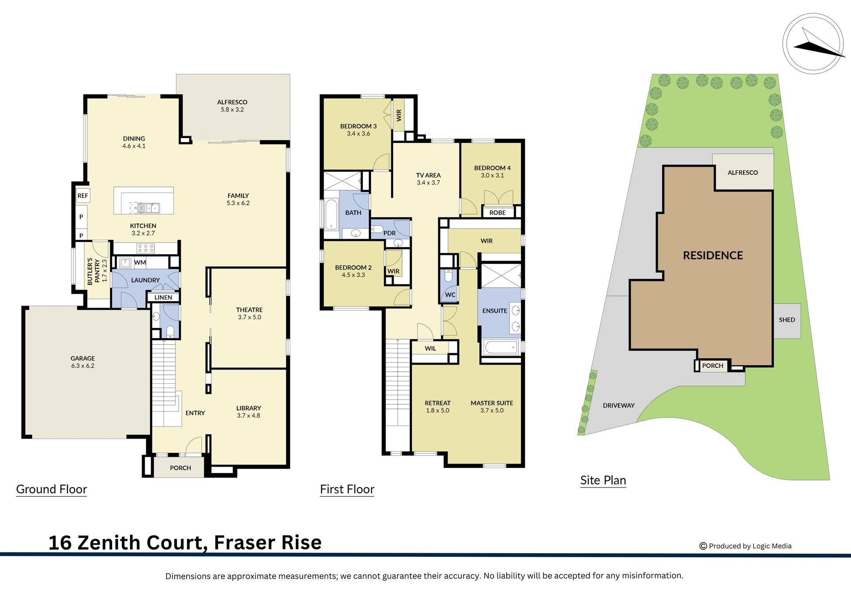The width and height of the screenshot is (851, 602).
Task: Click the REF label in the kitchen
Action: [x=82, y=196]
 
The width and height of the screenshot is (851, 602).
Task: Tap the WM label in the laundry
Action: [x=140, y=263]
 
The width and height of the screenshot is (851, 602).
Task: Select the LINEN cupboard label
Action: [x=163, y=298]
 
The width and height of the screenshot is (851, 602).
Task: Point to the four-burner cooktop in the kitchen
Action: [x=145, y=248]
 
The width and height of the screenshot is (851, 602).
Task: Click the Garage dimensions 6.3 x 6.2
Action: [x=83, y=366]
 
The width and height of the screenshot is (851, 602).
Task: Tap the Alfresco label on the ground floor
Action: [x=232, y=102]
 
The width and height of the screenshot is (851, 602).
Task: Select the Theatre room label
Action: [x=250, y=310]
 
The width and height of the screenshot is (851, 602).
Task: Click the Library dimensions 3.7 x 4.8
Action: [x=249, y=416]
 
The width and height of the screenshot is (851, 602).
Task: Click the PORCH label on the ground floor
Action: [x=180, y=468]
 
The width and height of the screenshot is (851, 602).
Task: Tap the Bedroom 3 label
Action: [x=358, y=126]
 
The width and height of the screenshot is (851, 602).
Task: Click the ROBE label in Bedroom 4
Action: [x=497, y=213]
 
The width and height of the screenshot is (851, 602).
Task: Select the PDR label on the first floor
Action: [x=390, y=233]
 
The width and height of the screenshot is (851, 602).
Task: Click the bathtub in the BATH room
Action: [x=331, y=214]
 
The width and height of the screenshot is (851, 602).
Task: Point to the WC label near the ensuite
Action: [x=450, y=295]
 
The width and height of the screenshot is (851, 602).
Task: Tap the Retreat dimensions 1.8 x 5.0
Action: [x=437, y=410]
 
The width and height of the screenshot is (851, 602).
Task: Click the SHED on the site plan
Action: [x=787, y=320]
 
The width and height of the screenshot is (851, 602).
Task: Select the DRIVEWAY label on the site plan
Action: [x=618, y=405]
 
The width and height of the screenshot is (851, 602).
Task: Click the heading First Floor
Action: [x=347, y=489]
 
